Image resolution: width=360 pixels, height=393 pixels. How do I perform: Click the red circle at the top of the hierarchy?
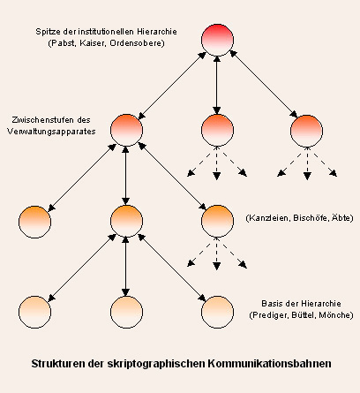217,40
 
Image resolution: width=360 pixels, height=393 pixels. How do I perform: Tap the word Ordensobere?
135,43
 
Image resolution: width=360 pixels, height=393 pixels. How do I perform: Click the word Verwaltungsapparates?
51,132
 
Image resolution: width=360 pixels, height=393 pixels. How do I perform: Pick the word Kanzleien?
268,218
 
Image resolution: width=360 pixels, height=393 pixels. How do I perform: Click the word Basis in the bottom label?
271,304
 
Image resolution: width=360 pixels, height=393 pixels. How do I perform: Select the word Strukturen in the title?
58,364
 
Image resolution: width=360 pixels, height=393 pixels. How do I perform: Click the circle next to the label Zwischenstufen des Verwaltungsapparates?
126,130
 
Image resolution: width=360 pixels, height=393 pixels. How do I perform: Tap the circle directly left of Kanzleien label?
217,221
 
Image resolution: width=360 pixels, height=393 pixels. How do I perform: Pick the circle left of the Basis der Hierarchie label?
217,312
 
